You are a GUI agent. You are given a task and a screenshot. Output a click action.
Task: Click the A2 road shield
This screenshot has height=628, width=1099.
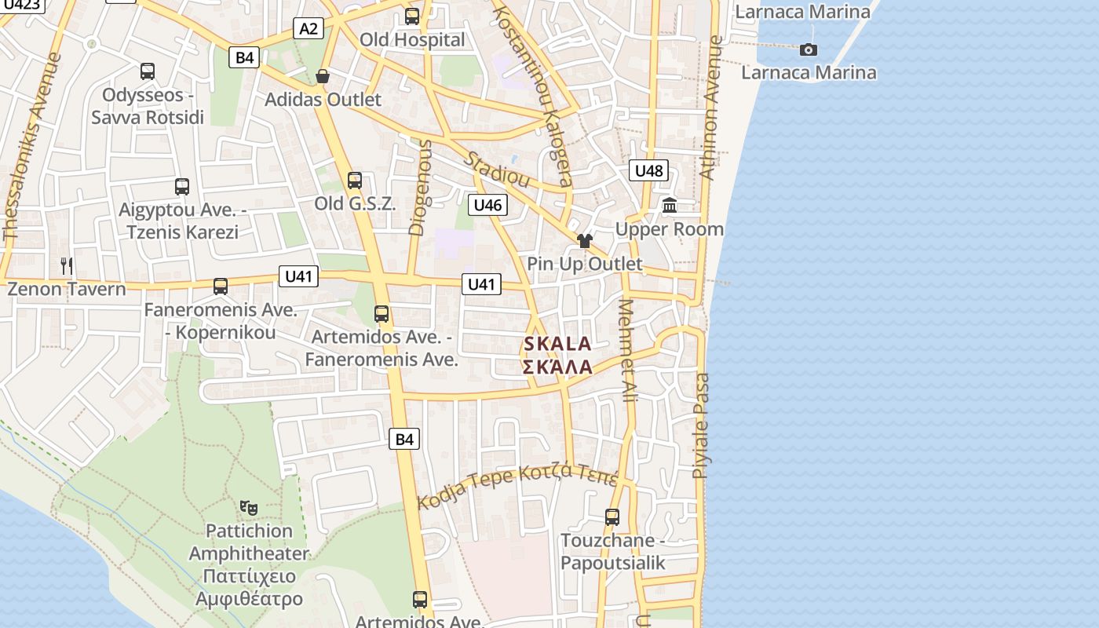pos(309,29)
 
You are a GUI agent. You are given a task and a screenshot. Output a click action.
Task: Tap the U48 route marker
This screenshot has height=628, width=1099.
pos(648,170)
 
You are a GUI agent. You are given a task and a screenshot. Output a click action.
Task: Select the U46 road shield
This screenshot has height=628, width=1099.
pos(487,206)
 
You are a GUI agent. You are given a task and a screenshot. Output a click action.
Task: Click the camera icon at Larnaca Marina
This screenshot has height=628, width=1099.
pos(808,50)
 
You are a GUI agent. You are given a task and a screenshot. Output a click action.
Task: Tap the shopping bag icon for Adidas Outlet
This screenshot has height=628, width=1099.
pos(322,76)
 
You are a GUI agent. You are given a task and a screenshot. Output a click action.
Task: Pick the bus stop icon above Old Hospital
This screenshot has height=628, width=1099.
pos(411,16)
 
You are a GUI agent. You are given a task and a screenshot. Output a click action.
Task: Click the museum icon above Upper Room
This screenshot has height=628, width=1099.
pos(670,206)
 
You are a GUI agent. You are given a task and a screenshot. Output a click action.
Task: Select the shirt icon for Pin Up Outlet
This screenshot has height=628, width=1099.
pos(584,240)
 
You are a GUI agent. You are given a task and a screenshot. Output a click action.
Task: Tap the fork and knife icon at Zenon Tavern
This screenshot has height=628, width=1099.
pos(67,266)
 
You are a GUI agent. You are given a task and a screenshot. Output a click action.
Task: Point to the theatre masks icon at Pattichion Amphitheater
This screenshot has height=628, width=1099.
pos(249,508)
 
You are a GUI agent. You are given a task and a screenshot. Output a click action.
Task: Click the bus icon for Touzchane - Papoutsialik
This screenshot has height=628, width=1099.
pos(612,517)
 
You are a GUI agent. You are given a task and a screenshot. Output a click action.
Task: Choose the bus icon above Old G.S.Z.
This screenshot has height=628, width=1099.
pos(355,181)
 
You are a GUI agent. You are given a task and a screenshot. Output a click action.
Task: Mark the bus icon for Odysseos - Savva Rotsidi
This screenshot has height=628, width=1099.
pos(147,71)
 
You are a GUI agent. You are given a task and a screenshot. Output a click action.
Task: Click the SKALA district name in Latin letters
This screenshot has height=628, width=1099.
pos(557,344)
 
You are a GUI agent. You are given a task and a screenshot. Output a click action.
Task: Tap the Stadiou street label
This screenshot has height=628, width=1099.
pos(496,169)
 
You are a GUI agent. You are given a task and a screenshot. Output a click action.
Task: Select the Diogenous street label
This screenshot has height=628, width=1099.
pos(420,187)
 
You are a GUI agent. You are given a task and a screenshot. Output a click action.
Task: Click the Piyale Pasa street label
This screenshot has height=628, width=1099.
pos(701,425)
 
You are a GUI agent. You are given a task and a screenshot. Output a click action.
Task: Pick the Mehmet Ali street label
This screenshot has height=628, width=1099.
pos(628,351)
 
